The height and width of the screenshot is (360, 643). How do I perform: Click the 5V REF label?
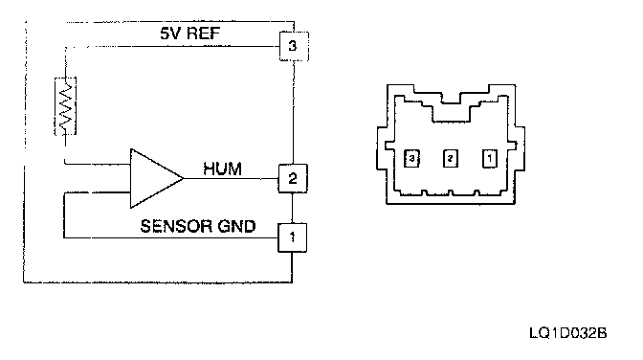(x=189, y=34)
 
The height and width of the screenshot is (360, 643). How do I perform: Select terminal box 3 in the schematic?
(x=294, y=46)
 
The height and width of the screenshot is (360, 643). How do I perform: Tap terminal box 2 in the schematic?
(x=293, y=178)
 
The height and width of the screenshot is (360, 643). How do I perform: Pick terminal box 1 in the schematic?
(x=293, y=237)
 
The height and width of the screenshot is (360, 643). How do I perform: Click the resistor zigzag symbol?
(x=66, y=106)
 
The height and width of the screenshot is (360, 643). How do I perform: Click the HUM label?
(x=222, y=169)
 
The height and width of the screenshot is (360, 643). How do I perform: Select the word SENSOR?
(x=176, y=226)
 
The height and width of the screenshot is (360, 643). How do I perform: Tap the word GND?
(x=236, y=226)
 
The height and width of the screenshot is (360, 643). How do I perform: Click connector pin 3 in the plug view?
(x=411, y=158)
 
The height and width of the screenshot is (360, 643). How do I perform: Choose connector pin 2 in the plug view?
(x=451, y=158)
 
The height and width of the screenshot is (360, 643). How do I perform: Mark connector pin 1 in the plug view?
(x=490, y=158)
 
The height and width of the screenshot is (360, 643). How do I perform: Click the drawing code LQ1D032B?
(x=568, y=332)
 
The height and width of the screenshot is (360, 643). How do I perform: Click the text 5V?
(x=169, y=34)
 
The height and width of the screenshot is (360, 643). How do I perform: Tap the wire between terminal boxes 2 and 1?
(x=293, y=208)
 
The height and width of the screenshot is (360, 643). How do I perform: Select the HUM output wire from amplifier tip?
(x=231, y=178)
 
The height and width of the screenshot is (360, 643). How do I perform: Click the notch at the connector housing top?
(x=451, y=98)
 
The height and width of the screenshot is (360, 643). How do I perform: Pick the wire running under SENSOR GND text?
(x=171, y=237)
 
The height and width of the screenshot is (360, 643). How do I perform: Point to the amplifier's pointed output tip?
(x=183, y=178)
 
